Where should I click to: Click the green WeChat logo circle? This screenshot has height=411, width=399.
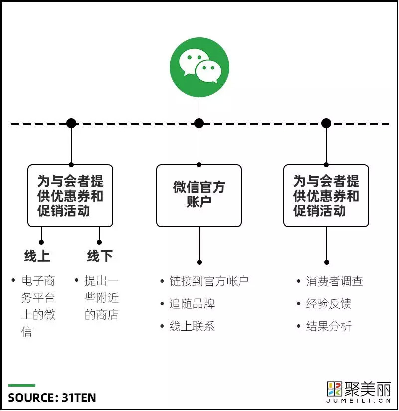click(199, 67)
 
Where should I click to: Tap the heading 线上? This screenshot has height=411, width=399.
click(37, 256)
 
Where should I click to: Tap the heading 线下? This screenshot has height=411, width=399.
click(100, 256)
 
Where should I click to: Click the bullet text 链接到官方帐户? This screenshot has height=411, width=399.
click(208, 281)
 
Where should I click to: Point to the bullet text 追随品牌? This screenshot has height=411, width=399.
click(192, 304)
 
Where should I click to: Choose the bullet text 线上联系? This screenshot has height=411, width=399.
click(192, 326)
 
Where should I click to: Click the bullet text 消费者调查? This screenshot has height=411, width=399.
click(334, 281)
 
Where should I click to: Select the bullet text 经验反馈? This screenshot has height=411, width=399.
click(329, 304)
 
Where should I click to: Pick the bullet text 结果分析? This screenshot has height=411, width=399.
click(329, 326)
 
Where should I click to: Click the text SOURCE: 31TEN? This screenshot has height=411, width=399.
click(52, 398)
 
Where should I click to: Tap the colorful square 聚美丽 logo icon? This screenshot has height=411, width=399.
click(335, 389)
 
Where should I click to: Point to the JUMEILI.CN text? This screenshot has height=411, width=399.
click(359, 401)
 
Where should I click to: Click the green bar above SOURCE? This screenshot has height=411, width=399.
click(22, 385)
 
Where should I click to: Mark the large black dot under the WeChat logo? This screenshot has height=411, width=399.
click(199, 123)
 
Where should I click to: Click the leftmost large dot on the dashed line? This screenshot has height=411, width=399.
click(71, 123)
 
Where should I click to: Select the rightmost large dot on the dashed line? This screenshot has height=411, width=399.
click(326, 123)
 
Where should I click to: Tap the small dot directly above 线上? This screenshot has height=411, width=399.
click(41, 242)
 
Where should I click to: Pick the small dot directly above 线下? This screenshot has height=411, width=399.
click(99, 242)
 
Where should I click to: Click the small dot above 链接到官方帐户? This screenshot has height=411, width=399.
click(199, 262)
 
